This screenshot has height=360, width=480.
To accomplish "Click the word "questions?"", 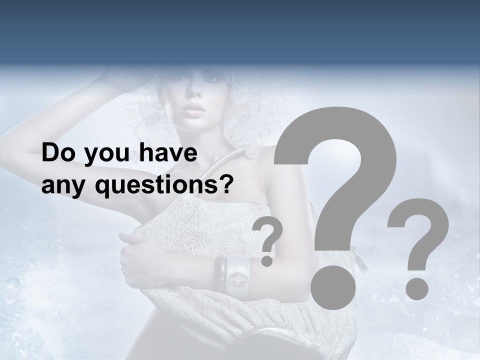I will (164, 186).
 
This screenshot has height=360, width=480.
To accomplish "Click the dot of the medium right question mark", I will (416, 288).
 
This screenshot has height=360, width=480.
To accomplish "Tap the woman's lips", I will (194, 109).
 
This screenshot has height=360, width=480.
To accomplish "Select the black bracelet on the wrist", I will (220, 274).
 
